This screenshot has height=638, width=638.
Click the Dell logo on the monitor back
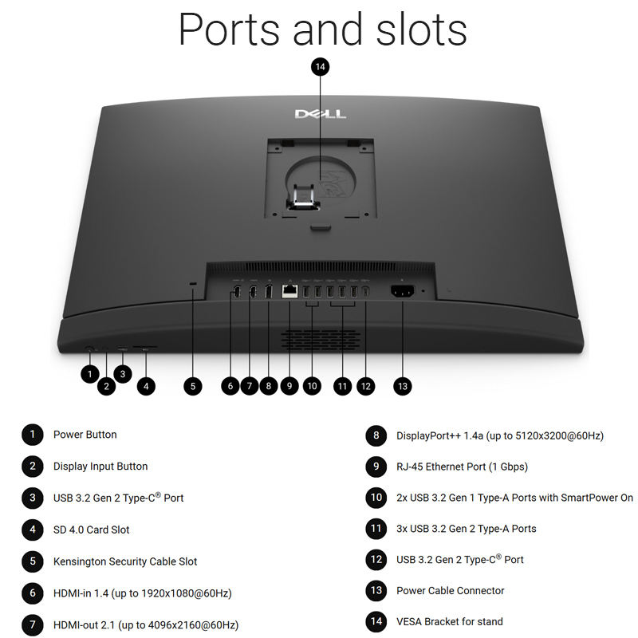pos(321,114)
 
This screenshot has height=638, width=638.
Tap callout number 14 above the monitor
pos(321,67)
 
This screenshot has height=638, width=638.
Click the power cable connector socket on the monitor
pos(403,291)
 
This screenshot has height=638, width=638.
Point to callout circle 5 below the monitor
pos(192,386)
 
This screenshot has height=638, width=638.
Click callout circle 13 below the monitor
pos(403,386)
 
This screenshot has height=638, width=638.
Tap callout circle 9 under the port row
pos(289,386)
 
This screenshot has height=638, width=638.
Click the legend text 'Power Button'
pos(85,435)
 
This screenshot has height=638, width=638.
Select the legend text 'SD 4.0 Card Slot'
pos(91,530)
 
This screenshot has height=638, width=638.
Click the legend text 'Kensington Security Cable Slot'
pos(125,561)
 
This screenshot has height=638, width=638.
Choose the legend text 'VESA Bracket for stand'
pos(450,621)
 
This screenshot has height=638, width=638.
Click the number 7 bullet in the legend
pos(32,624)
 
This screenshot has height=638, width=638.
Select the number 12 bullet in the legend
pos(376,559)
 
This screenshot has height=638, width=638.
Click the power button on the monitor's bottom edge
pos(89,349)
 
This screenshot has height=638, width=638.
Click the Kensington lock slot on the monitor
pos(193,286)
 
